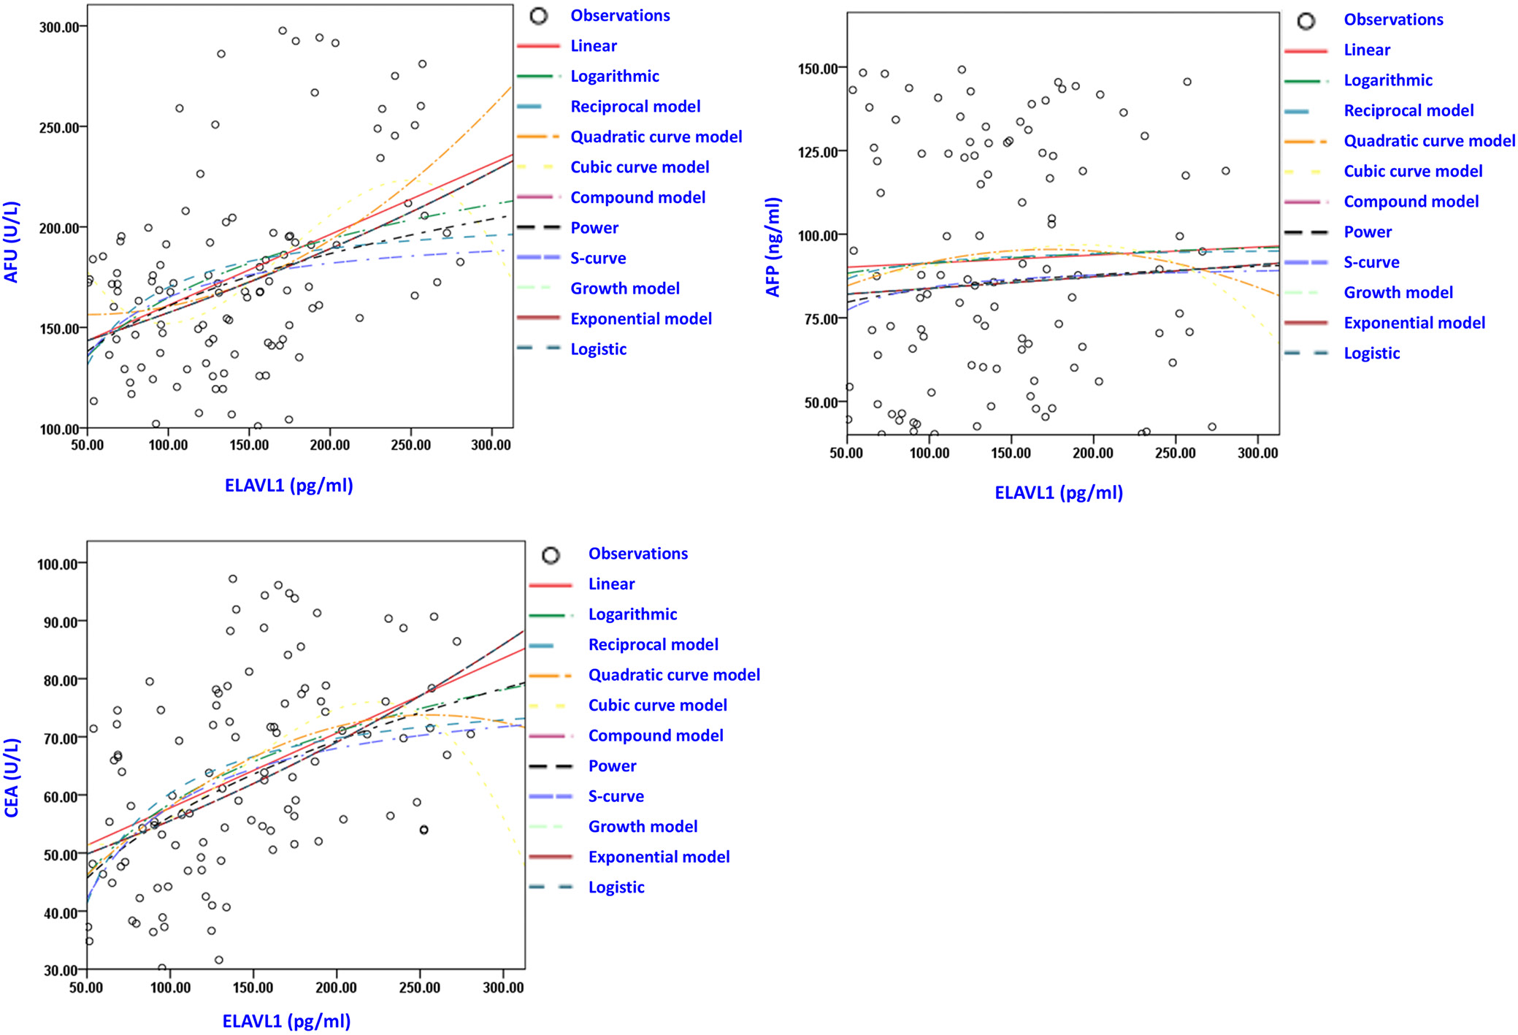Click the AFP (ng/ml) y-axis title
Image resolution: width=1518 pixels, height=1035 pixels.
773,247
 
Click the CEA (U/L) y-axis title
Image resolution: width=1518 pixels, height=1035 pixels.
12,777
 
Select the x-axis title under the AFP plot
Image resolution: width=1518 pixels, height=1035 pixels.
1058,493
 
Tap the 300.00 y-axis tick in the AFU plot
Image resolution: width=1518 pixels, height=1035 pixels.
58,27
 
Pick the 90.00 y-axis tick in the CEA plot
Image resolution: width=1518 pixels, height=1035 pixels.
57,622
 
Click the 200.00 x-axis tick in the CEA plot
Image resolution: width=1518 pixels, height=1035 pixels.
336,988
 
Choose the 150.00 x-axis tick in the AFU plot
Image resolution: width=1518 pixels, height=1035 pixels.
249,445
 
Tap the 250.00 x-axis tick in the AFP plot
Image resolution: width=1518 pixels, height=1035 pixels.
1175,453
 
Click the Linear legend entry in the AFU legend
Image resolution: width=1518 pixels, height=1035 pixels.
593,46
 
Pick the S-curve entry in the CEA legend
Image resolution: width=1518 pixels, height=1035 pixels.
616,796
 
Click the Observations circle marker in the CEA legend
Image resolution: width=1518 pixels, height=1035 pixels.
551,555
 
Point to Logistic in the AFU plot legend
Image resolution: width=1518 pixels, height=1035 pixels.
598,349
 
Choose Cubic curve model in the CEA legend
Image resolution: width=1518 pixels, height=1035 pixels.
657,705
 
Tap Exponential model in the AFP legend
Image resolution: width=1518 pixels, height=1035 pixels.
1414,323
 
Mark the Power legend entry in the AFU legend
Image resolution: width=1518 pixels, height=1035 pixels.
594,228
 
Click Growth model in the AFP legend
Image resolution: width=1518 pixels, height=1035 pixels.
1398,292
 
